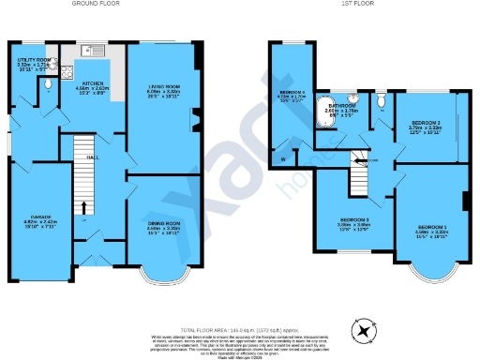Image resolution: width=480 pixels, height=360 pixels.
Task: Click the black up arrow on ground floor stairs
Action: tap(84, 208)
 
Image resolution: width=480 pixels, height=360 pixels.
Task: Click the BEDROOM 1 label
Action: tap(432, 228)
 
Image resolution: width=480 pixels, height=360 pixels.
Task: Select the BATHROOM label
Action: tap(341, 106)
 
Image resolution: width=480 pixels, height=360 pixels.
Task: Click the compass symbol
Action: tap(361, 330)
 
